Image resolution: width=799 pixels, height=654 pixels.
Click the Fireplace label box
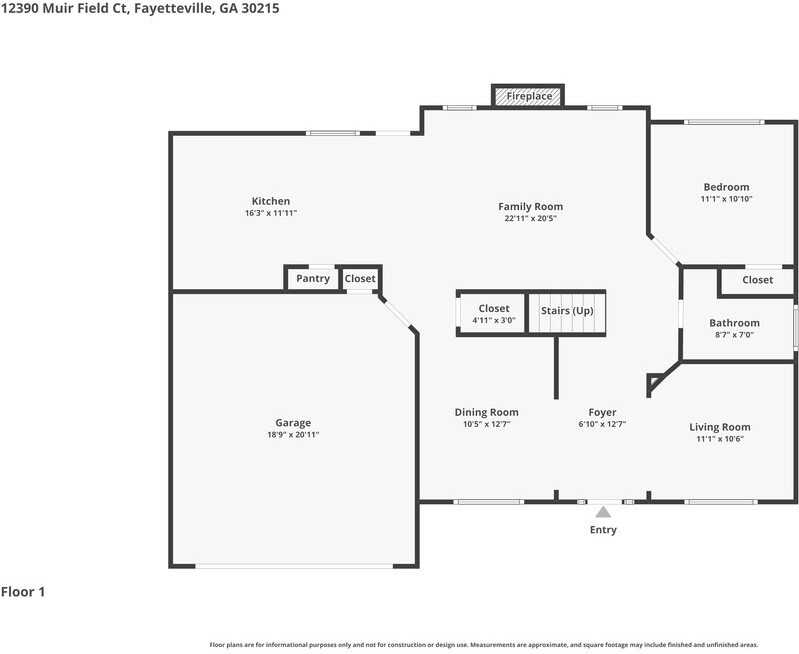[x=528, y=96]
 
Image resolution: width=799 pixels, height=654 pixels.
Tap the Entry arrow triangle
[x=603, y=512]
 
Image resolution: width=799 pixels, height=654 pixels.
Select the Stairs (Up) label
[x=567, y=311]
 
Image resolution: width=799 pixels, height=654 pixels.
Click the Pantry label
[x=313, y=279]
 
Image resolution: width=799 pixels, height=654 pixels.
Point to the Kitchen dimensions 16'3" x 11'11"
[x=271, y=213]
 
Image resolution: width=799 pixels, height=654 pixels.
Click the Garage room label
[x=293, y=422]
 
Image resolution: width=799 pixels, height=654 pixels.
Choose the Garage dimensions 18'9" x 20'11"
[x=293, y=434]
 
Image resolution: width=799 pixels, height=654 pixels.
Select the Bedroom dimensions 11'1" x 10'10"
[x=726, y=199]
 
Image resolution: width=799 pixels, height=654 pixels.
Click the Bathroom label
[x=734, y=323]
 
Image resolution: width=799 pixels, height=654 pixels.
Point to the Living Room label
[x=719, y=427]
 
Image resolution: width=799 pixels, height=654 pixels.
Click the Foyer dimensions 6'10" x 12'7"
[x=602, y=424]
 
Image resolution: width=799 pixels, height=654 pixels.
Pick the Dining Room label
[x=486, y=412]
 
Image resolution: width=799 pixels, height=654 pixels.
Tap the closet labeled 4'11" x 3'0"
[x=493, y=314]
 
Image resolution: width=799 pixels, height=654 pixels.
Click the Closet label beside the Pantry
[x=360, y=279]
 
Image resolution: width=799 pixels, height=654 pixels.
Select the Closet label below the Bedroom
[x=757, y=280]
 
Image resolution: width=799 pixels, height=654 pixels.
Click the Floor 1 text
[x=23, y=592]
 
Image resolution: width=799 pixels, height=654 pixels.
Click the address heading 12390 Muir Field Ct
[x=140, y=8]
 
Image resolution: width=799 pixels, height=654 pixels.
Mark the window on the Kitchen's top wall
[x=332, y=133]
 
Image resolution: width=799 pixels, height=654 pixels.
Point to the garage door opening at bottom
[x=293, y=567]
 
